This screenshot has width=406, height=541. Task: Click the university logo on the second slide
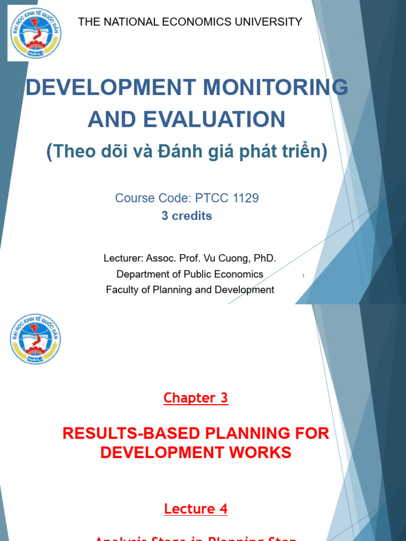click(35, 339)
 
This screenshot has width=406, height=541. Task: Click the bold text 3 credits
click(187, 216)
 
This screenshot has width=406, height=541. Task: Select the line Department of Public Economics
click(190, 274)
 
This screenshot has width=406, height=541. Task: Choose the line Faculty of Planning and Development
click(190, 290)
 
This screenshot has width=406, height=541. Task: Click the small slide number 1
click(303, 276)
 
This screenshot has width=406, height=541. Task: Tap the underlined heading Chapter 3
click(196, 398)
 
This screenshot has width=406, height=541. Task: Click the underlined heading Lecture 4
click(196, 509)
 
